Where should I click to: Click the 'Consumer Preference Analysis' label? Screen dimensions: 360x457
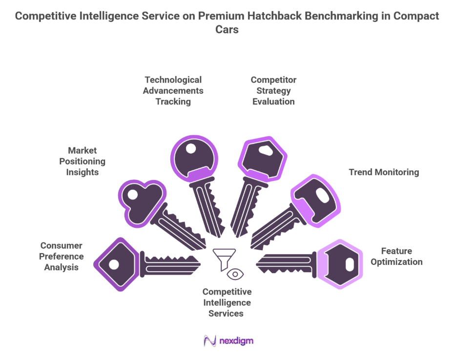coord(62,256)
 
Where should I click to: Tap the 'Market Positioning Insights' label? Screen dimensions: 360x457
coord(83,161)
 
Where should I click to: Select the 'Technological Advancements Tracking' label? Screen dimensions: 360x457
coord(173,90)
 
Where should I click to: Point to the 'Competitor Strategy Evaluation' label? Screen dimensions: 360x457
coord(273,90)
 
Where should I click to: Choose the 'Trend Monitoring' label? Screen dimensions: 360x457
coord(384,172)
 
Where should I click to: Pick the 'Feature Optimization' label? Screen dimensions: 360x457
coord(396,256)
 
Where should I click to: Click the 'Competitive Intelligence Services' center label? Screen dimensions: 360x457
coord(227,302)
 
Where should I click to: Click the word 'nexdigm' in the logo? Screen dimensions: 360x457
coord(237,340)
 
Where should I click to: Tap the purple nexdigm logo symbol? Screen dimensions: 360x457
coord(210,340)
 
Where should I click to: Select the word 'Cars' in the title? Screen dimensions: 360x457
coord(227,29)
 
